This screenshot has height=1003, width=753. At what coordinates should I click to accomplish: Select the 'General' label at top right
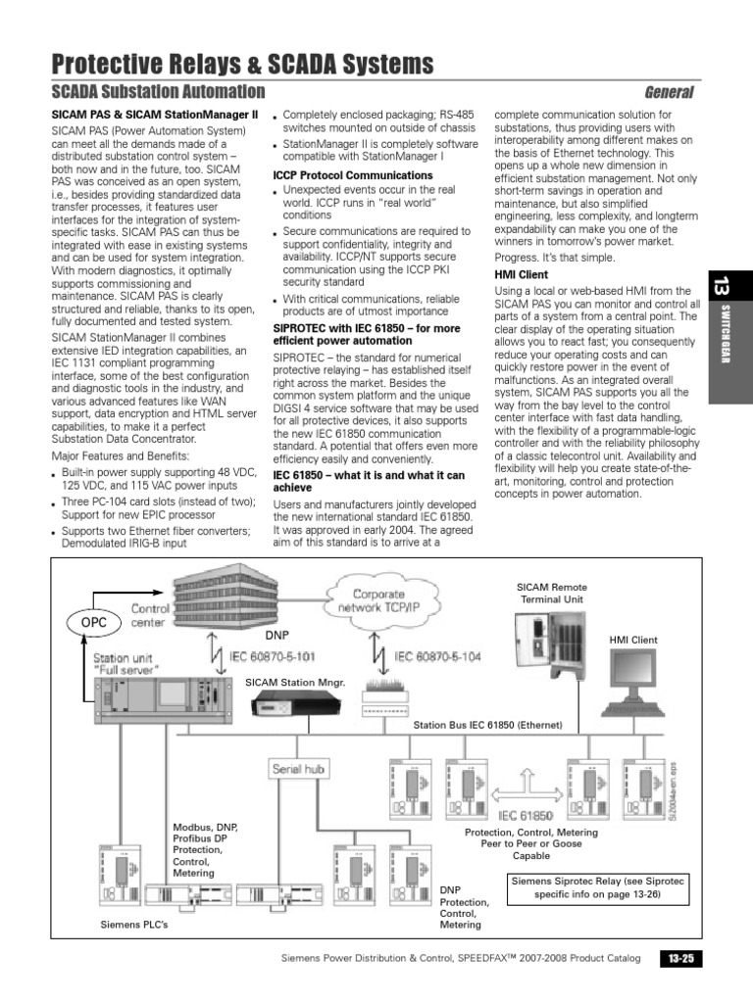pyautogui.click(x=669, y=92)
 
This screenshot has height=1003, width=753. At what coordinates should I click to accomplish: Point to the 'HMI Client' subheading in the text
pyautogui.click(x=520, y=275)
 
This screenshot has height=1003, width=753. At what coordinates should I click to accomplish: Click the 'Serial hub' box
pyautogui.click(x=299, y=769)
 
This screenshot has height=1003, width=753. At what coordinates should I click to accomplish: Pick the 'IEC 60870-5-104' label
pyautogui.click(x=437, y=657)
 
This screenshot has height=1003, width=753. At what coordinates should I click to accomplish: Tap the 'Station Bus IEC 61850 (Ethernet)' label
pyautogui.click(x=487, y=726)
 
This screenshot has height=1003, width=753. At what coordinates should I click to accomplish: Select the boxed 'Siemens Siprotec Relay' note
pyautogui.click(x=583, y=887)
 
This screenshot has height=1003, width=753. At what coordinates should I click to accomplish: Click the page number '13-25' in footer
pyautogui.click(x=680, y=958)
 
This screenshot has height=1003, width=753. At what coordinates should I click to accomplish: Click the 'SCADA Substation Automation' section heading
pyautogui.click(x=158, y=92)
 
